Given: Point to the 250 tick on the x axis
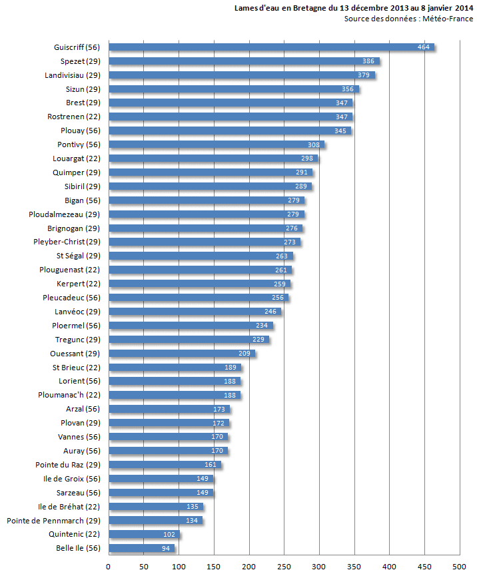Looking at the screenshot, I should click(x=284, y=566).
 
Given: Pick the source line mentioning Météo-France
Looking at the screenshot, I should click(x=408, y=19).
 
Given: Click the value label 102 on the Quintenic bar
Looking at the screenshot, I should click(x=170, y=534).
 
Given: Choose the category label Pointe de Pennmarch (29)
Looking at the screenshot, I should click(x=53, y=520).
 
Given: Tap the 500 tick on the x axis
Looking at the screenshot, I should click(x=459, y=566).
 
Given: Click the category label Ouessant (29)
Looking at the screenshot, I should click(x=75, y=353).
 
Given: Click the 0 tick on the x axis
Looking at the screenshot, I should click(x=109, y=566).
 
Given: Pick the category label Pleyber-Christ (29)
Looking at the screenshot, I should click(x=67, y=242).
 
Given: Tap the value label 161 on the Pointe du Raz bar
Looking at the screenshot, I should click(x=211, y=465).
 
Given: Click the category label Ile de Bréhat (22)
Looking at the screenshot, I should click(x=69, y=506).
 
